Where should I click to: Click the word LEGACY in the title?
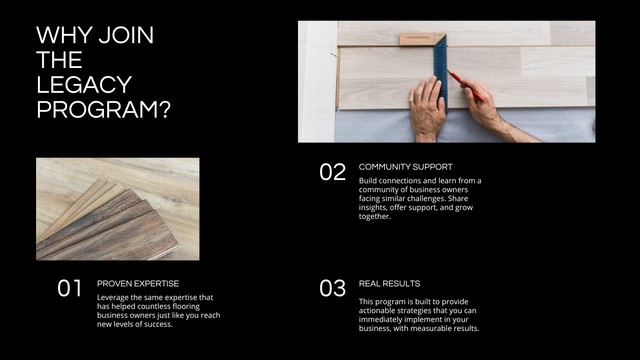(84, 85)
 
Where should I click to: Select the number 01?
(70, 288)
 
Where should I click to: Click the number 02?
(333, 172)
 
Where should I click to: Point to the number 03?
(333, 288)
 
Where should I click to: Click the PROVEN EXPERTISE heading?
(138, 284)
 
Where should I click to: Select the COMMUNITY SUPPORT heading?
(406, 167)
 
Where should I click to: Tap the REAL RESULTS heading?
(389, 284)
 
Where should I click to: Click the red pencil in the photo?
(466, 86)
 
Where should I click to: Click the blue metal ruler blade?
(440, 72)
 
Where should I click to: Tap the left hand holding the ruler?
(427, 110)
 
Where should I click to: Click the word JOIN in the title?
(126, 35)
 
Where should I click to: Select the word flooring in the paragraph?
(186, 307)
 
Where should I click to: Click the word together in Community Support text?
(375, 217)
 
